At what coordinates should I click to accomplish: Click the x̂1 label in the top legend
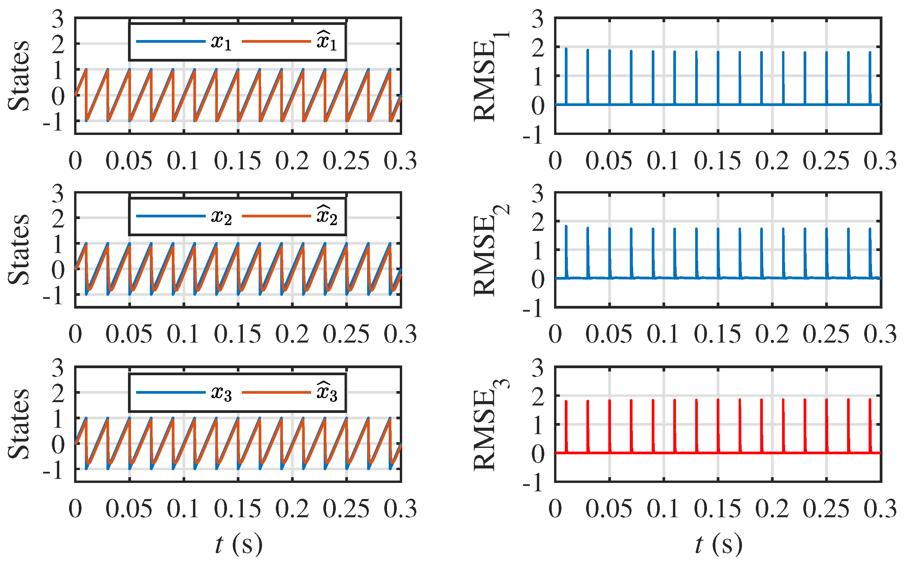[326, 41]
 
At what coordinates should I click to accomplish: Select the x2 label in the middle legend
[221, 216]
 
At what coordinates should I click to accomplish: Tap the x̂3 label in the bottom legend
[326, 392]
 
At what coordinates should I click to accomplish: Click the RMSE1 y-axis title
[489, 76]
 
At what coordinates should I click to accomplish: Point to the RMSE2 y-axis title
[489, 250]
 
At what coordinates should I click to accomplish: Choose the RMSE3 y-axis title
[489, 424]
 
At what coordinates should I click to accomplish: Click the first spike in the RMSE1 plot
[566, 74]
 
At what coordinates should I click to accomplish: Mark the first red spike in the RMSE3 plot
[566, 424]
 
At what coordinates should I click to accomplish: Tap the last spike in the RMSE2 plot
[870, 251]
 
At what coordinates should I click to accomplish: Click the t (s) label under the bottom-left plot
[238, 544]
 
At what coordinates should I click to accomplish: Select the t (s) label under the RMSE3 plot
[718, 544]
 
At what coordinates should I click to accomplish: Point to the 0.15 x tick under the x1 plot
[238, 161]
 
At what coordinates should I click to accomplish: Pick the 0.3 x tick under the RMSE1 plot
[880, 161]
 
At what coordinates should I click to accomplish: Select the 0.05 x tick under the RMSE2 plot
[609, 334]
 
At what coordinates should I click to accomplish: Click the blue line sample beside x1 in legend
[171, 41]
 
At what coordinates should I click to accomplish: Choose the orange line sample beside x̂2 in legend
[276, 216]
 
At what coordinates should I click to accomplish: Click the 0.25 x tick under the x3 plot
[346, 508]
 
